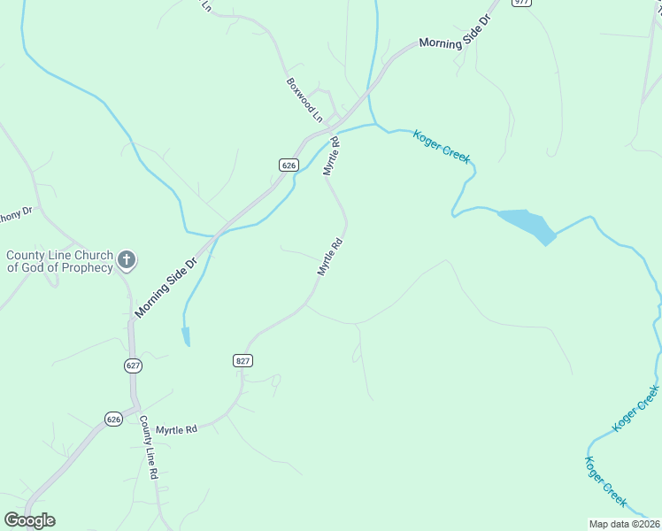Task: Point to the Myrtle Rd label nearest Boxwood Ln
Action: click(x=332, y=157)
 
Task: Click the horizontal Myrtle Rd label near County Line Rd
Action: click(x=176, y=429)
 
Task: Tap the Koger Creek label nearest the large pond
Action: click(x=442, y=146)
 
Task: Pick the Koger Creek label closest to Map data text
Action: click(x=605, y=481)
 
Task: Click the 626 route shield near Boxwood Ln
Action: click(x=288, y=165)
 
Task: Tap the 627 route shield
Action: click(x=133, y=365)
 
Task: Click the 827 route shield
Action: click(x=243, y=360)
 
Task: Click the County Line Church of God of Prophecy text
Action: click(x=59, y=261)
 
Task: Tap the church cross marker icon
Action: click(x=127, y=260)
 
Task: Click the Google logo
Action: click(x=29, y=520)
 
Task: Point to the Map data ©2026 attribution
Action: click(x=624, y=524)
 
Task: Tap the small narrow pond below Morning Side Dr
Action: click(x=186, y=335)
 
